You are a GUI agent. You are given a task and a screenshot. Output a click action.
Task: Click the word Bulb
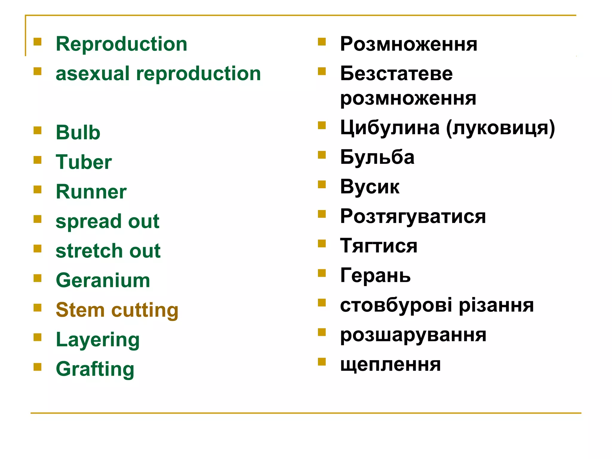pyautogui.click(x=78, y=132)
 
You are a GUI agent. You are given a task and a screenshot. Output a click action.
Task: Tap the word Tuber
pyautogui.click(x=84, y=162)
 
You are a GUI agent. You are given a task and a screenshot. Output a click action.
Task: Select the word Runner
pyautogui.click(x=91, y=192)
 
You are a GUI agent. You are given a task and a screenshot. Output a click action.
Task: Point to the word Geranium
pyautogui.click(x=103, y=280)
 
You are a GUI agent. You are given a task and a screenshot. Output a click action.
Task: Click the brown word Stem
pyautogui.click(x=80, y=310)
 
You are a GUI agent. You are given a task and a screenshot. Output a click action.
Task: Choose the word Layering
pyautogui.click(x=98, y=340)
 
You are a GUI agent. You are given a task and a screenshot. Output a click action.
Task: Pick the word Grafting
pyautogui.click(x=95, y=369)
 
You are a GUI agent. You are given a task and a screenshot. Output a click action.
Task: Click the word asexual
pyautogui.click(x=93, y=74)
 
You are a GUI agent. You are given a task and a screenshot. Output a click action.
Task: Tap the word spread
pyautogui.click(x=88, y=222)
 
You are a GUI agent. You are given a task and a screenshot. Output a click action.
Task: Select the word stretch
pyautogui.click(x=89, y=251)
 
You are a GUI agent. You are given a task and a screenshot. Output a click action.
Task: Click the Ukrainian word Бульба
pyautogui.click(x=377, y=157)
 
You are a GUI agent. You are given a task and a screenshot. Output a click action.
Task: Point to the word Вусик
pyautogui.click(x=370, y=187)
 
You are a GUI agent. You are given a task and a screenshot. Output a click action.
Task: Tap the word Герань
pyautogui.click(x=375, y=276)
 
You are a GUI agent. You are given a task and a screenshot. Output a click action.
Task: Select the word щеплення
pyautogui.click(x=390, y=365)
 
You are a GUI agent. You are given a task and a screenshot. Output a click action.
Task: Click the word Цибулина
pyautogui.click(x=390, y=128)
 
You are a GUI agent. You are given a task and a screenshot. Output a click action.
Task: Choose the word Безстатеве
pyautogui.click(x=396, y=74)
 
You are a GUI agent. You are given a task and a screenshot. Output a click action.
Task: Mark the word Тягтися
pyautogui.click(x=379, y=246)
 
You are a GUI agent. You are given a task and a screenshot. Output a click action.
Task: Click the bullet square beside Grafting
pyautogui.click(x=37, y=367)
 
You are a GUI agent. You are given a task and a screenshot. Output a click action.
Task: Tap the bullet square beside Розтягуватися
pyautogui.click(x=322, y=214)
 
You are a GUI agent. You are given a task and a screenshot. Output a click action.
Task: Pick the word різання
pyautogui.click(x=496, y=305)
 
